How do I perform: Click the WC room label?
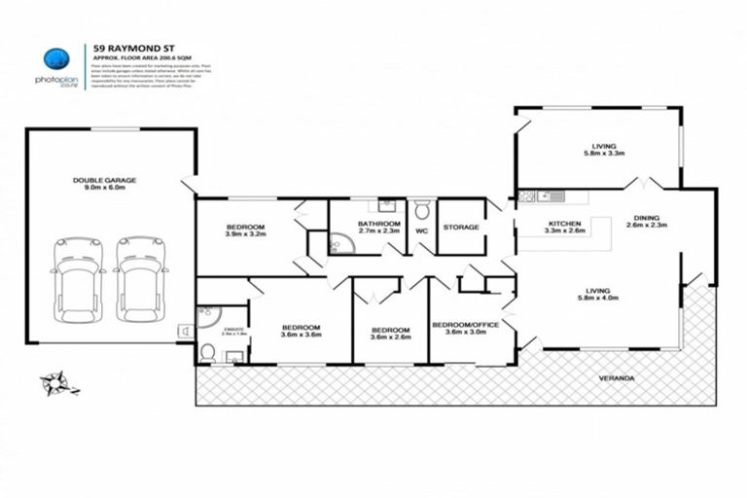point(422,231)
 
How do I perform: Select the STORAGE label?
point(461,227)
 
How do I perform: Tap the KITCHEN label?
point(564,225)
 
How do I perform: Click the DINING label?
point(647,218)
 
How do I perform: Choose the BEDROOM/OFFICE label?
point(465,324)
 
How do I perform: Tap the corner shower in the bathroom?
point(341,242)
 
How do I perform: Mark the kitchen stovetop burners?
point(528,196)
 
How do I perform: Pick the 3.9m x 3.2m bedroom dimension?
point(245,234)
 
